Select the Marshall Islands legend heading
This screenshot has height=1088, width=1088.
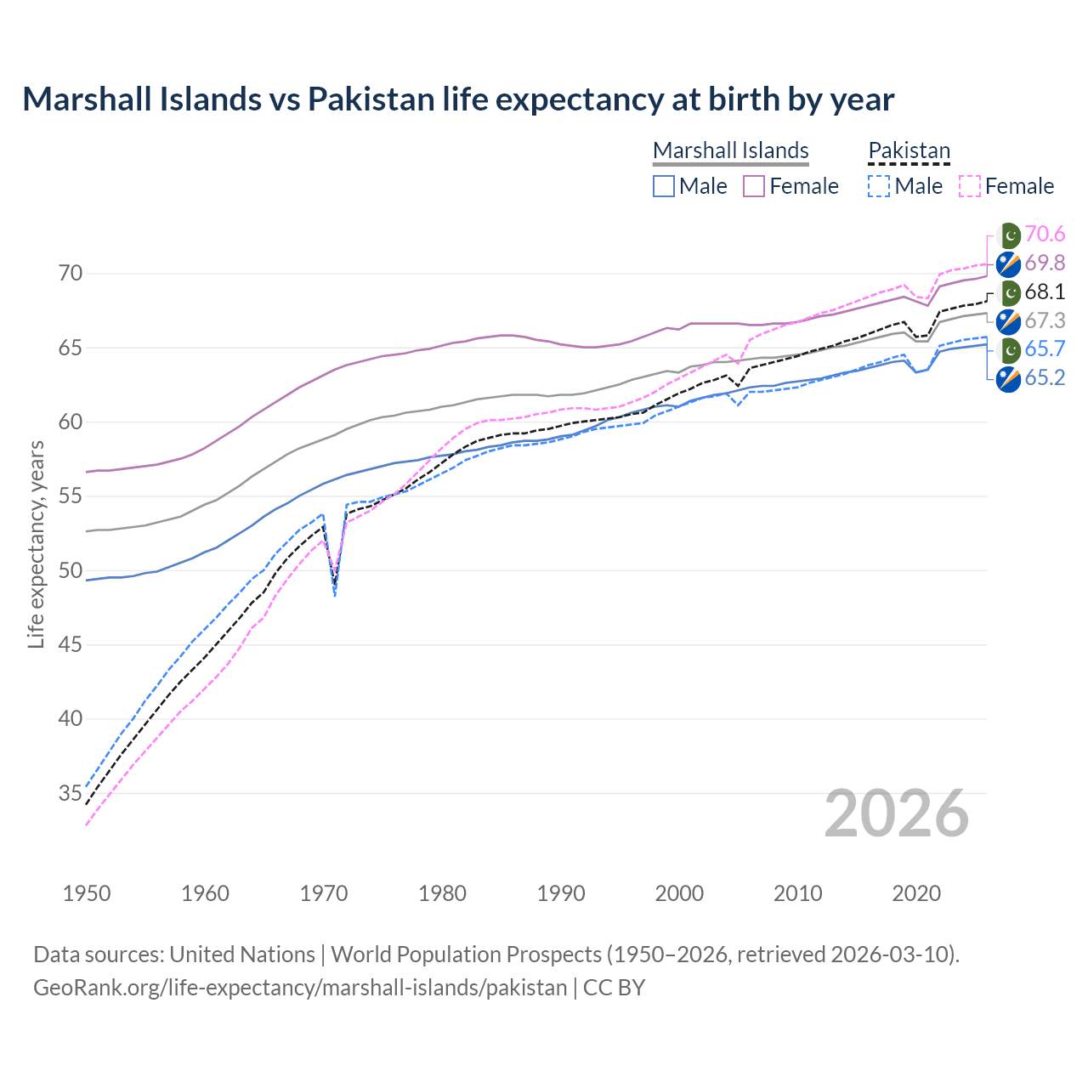(730, 150)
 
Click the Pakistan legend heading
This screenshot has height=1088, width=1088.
(909, 150)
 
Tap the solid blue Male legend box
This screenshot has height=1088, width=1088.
(664, 186)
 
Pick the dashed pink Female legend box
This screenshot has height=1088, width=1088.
(970, 186)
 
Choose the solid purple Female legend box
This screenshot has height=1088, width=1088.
(754, 186)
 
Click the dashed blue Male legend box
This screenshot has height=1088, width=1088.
(880, 186)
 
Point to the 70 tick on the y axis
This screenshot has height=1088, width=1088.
(71, 274)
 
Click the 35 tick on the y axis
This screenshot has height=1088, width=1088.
(71, 793)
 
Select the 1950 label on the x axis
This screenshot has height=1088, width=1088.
(87, 893)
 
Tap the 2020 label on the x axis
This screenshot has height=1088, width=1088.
(916, 893)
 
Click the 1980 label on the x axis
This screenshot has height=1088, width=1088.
(442, 893)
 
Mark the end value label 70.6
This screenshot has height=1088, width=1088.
(1045, 234)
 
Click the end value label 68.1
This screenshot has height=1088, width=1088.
(1045, 292)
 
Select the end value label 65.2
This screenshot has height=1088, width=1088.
(1045, 378)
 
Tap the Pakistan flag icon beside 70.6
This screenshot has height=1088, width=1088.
(1008, 235)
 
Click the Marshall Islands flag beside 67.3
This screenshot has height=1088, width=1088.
(1008, 321)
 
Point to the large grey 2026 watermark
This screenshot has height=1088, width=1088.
(896, 813)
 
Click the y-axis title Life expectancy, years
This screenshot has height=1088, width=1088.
(36, 544)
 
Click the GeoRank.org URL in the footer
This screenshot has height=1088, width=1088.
(300, 988)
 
